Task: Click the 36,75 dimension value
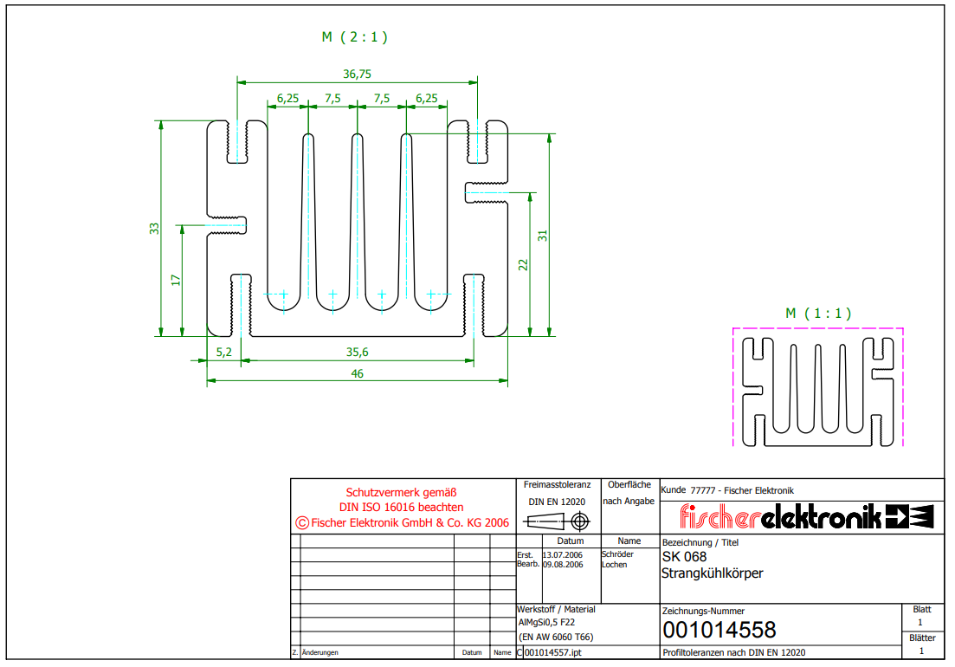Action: coord(357,74)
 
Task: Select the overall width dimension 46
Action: coord(357,373)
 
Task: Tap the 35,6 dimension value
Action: coord(357,352)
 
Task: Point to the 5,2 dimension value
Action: coord(223,352)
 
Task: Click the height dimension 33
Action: coord(155,228)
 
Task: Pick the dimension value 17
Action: coord(176,281)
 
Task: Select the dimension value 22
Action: coord(523,265)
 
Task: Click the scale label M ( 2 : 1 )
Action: coord(355,37)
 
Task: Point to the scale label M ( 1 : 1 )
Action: coord(818,314)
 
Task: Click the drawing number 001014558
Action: coord(719,630)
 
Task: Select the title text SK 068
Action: coord(684,557)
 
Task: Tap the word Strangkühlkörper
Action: coord(712,573)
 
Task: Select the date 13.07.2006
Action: coord(562,554)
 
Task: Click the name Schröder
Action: coord(617,554)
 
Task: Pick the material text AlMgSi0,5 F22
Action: coord(546,622)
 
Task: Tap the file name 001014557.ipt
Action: coord(553,652)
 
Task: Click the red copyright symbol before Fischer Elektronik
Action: coord(302,522)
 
